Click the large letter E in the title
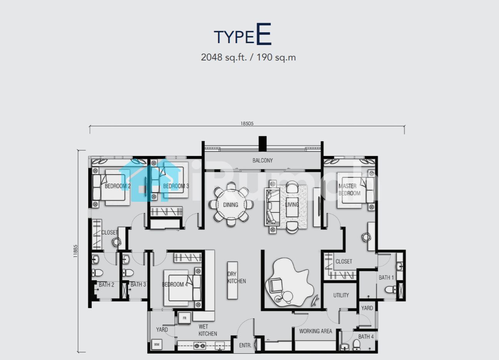(x=264, y=34)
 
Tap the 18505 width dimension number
(x=247, y=124)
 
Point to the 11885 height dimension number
(x=75, y=251)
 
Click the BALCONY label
(x=263, y=161)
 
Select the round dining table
(x=231, y=204)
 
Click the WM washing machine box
(x=157, y=345)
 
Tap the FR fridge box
(x=184, y=318)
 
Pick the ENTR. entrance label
(x=245, y=345)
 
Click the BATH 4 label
(x=366, y=337)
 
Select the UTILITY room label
(x=341, y=295)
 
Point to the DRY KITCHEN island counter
(x=232, y=280)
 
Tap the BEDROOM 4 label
(x=175, y=285)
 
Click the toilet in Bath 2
(x=97, y=273)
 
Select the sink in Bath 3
(x=126, y=260)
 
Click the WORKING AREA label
(x=315, y=331)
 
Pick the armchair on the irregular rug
(x=276, y=286)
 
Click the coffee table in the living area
(x=292, y=207)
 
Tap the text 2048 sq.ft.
(x=224, y=57)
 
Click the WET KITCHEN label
(x=208, y=330)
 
